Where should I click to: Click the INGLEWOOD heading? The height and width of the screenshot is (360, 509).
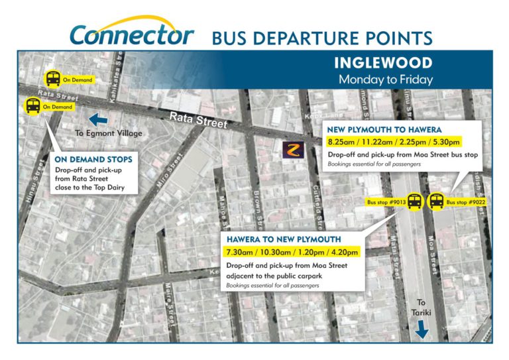[383, 64]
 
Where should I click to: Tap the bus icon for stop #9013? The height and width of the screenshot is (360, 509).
[415, 201]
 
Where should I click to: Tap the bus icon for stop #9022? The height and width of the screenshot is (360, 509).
[436, 201]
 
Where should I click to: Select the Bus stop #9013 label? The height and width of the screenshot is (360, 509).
[386, 201]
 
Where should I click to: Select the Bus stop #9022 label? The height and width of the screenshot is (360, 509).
[466, 201]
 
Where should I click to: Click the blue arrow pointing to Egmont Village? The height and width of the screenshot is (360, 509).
[97, 119]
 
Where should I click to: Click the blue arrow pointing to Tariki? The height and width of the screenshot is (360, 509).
[421, 328]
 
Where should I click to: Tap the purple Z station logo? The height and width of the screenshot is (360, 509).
[292, 150]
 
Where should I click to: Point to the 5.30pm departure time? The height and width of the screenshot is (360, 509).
[445, 142]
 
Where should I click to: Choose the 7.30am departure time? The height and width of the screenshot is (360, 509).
[241, 252]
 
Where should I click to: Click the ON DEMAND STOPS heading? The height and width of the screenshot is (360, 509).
[93, 159]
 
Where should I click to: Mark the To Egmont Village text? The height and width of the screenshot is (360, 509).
[109, 133]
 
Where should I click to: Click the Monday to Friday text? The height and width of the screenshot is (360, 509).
[385, 80]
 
